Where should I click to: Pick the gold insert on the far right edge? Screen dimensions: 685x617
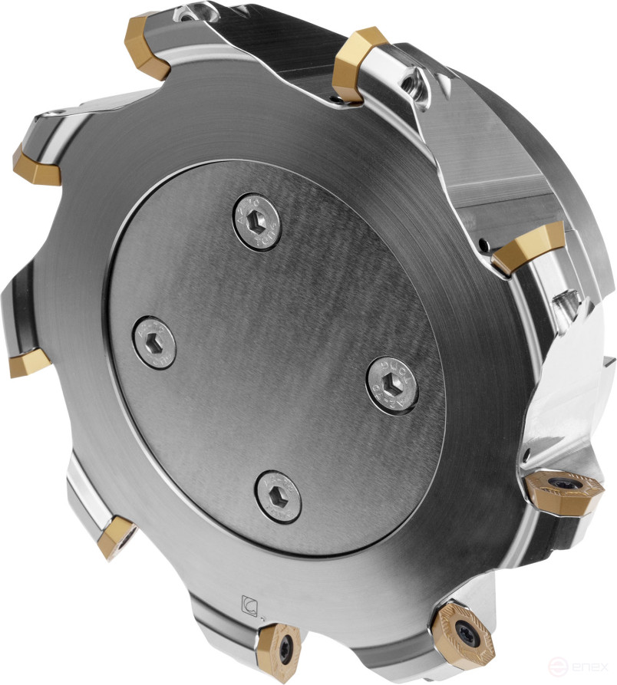(527, 249)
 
